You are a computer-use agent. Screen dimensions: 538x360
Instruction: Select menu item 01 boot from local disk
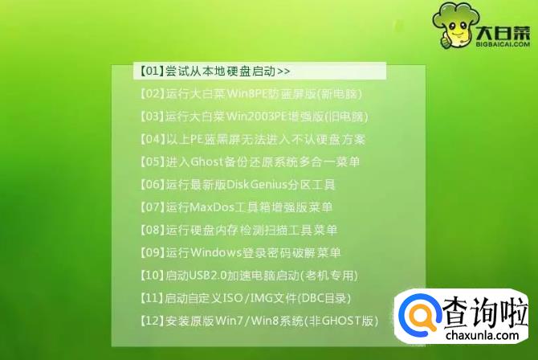214,71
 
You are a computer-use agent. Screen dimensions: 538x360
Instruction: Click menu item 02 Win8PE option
251,94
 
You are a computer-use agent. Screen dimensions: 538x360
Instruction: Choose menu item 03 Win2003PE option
254,117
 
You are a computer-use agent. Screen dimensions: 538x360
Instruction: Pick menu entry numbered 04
252,139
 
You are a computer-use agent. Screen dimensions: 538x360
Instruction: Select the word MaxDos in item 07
212,207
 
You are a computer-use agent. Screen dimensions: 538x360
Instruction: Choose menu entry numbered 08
238,230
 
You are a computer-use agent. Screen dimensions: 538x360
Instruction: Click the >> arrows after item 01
283,72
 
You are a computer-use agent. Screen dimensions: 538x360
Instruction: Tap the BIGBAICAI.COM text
503,44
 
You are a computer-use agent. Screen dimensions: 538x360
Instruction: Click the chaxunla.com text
482,334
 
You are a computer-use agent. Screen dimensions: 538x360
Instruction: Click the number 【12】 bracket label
152,321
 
